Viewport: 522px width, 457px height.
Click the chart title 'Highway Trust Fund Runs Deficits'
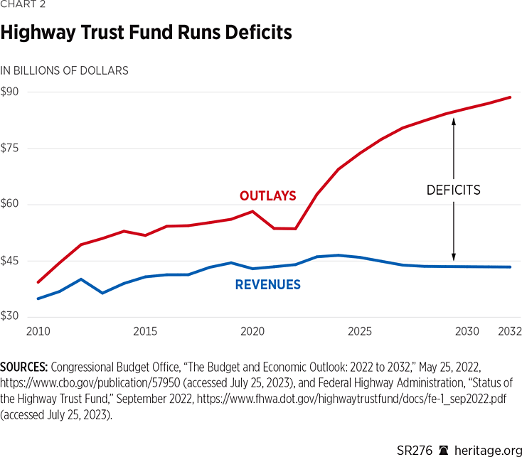(x=146, y=33)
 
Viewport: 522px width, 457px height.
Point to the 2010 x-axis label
(x=38, y=332)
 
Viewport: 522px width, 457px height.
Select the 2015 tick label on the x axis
(x=145, y=332)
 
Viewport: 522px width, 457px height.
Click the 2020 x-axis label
(x=252, y=332)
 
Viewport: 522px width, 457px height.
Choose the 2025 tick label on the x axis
(x=360, y=332)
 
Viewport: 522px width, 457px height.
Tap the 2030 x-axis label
(x=467, y=332)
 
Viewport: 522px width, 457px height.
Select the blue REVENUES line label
(x=267, y=285)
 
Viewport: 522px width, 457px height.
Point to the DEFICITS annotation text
(x=454, y=190)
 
